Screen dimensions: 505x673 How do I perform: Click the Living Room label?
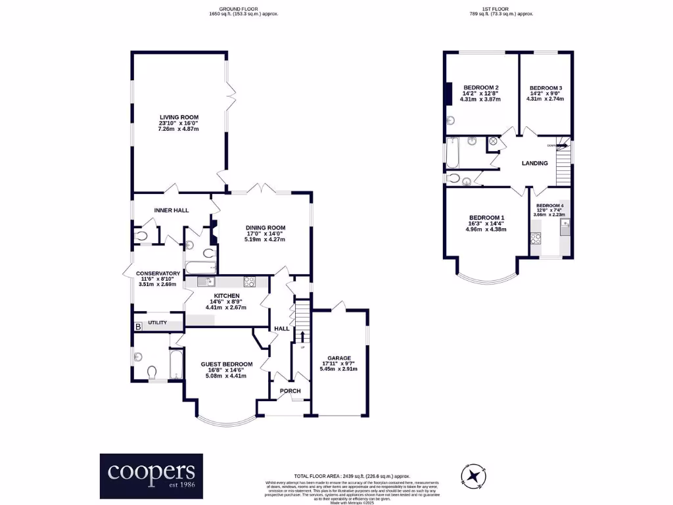coord(178,117)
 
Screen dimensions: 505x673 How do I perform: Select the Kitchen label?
coord(225,296)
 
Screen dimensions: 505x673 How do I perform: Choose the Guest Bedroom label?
coord(227,364)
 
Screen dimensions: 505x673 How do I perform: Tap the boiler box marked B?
coord(138,326)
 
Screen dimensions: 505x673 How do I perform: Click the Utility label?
coord(158,323)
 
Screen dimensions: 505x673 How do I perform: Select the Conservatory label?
coord(158,274)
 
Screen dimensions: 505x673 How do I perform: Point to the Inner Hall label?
coord(172,210)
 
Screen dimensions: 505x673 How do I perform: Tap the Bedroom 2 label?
coord(481,88)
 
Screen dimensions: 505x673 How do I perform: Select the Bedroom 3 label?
coord(546,88)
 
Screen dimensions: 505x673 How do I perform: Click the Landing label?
coord(535,163)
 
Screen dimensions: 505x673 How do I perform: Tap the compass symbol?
coord(473,474)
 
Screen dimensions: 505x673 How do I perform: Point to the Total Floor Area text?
coord(352,475)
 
